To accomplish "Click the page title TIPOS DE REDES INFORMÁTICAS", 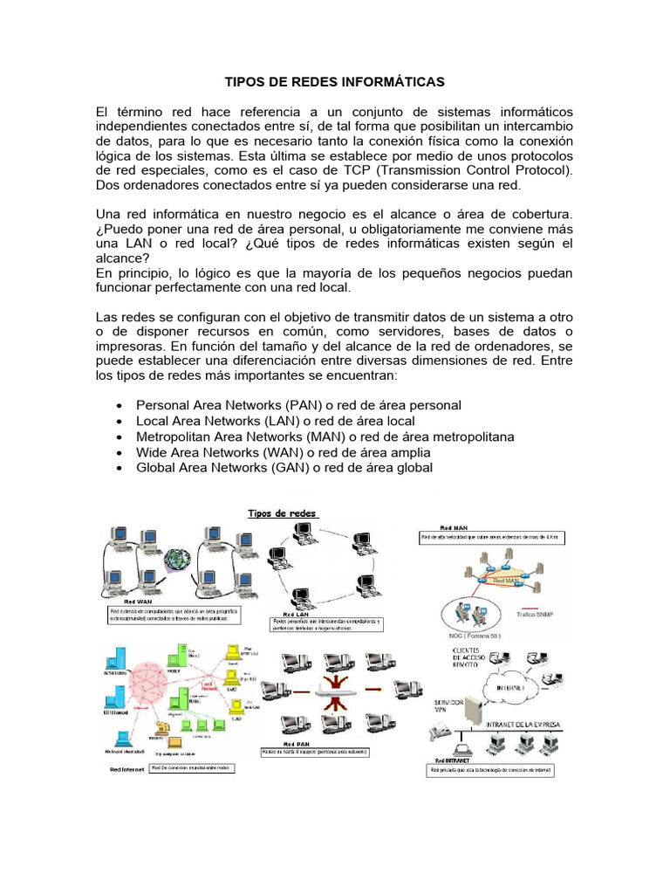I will (x=335, y=82).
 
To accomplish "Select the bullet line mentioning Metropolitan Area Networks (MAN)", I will (x=325, y=437).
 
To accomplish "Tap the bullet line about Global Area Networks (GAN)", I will (x=284, y=468).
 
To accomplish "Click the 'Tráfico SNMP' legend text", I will (x=536, y=615).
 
